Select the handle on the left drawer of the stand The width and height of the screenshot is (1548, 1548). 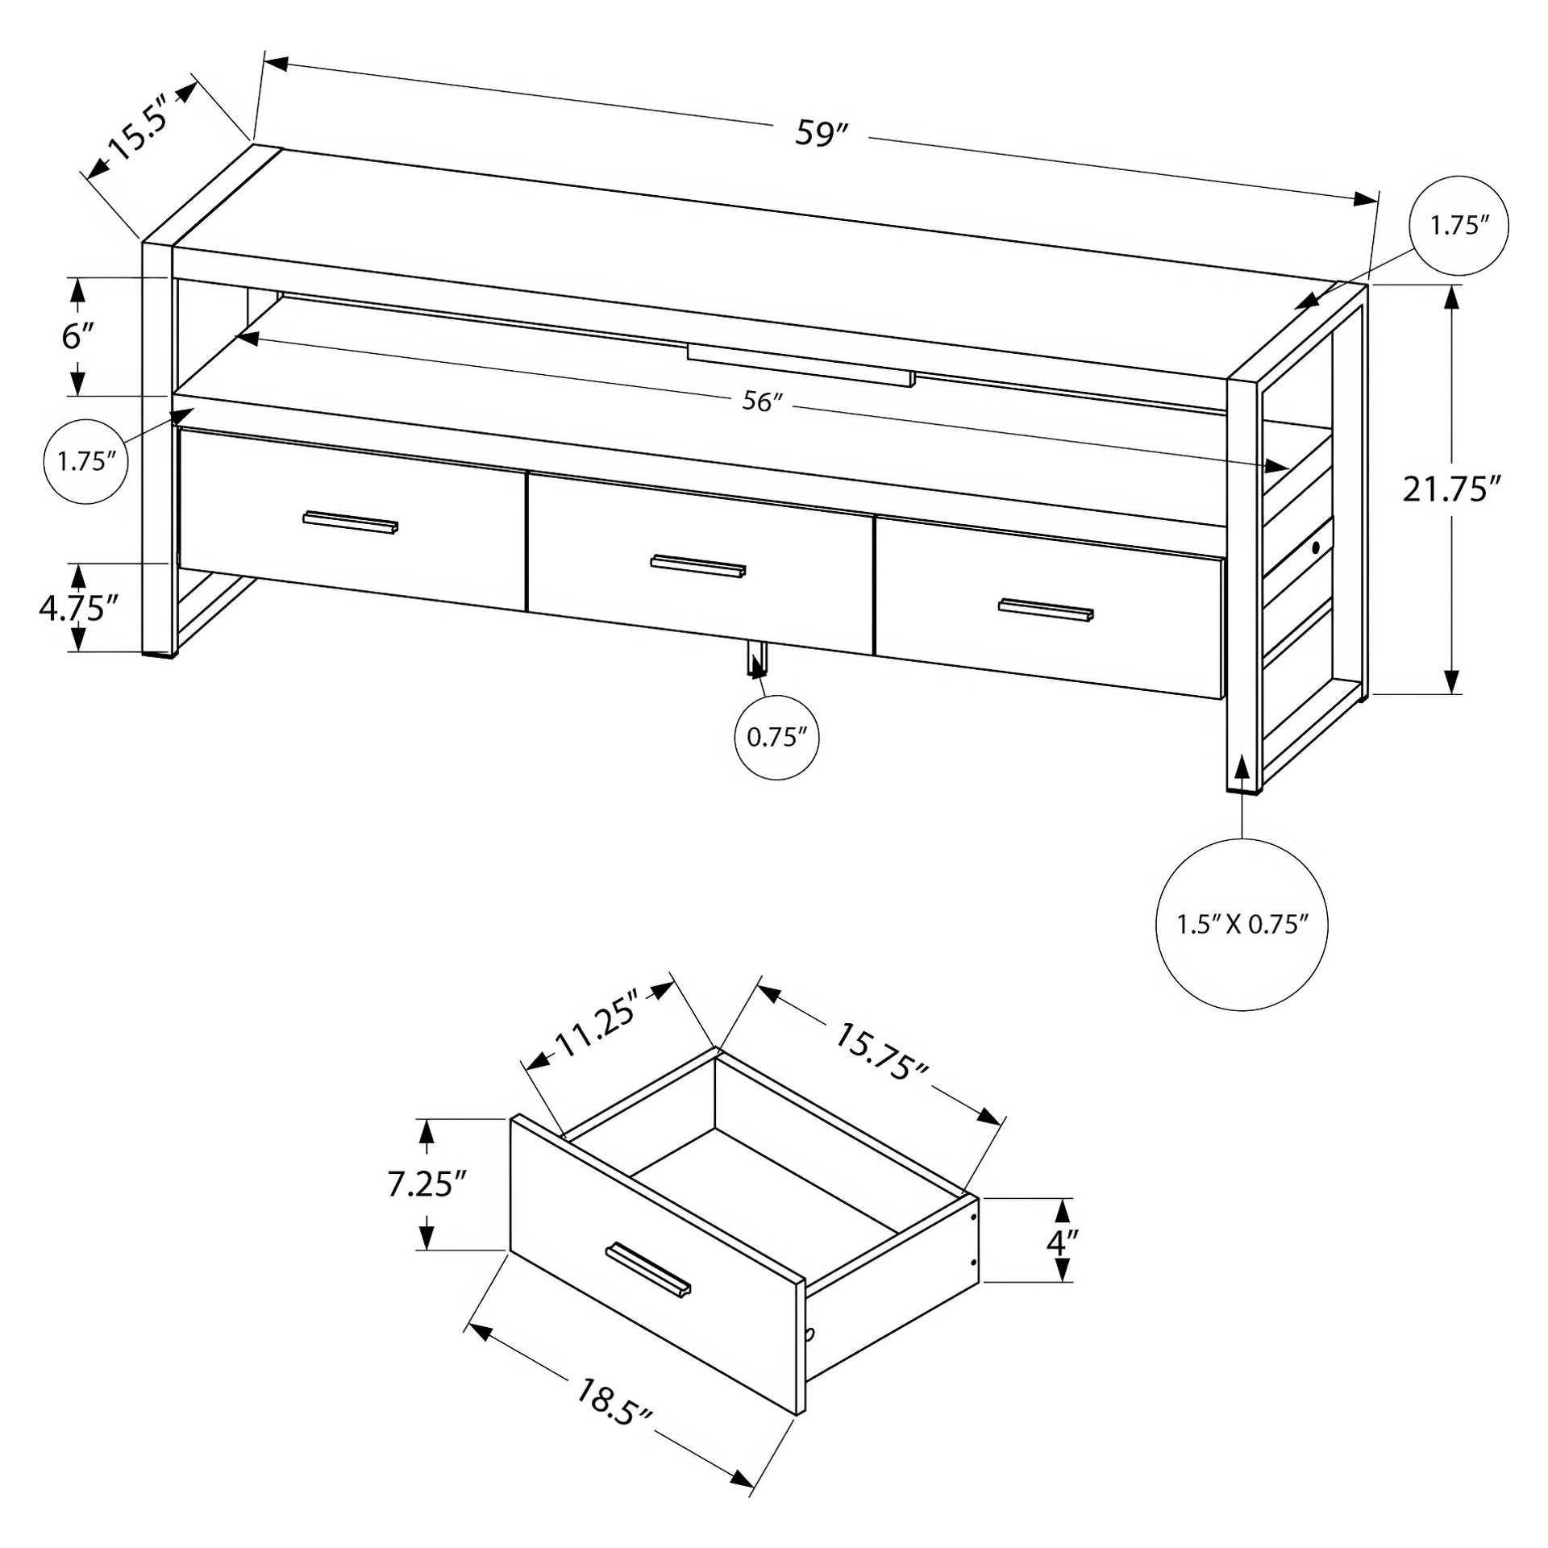coord(351,521)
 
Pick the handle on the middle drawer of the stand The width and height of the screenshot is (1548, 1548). coord(698,566)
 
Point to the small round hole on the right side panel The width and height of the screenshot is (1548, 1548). coord(1316,547)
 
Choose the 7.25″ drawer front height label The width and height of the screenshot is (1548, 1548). coord(427,1184)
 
